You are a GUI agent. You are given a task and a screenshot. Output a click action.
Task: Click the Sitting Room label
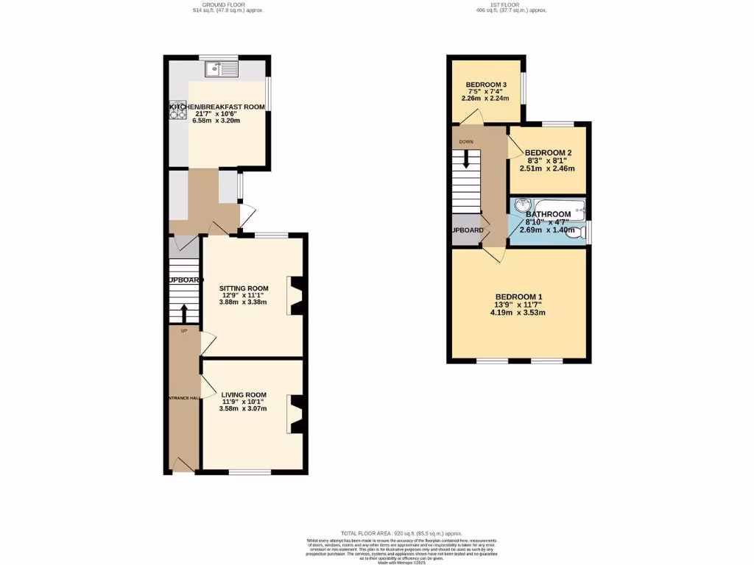[244, 288]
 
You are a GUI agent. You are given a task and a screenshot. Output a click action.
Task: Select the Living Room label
[244, 395]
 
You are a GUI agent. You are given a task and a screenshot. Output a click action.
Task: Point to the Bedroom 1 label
[520, 297]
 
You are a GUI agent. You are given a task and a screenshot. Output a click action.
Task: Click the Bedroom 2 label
[548, 153]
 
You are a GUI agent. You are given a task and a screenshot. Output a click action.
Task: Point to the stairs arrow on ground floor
[184, 313]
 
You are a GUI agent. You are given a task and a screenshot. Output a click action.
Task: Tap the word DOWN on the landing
[466, 141]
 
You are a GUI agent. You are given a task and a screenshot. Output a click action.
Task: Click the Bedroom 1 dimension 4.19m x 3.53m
[518, 313]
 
